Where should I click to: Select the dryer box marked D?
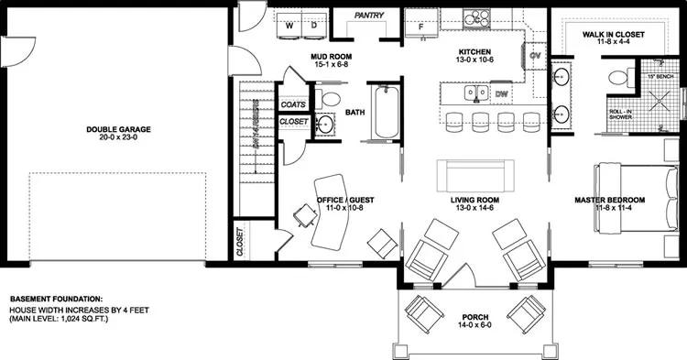coord(313,26)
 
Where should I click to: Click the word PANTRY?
coord(368,16)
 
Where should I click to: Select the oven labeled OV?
coord(537,57)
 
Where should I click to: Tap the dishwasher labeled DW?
coord(501,93)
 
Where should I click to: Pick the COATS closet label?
coord(293,104)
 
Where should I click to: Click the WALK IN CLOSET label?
coord(615,33)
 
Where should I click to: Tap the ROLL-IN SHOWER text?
coord(622,115)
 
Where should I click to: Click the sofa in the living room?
coord(474,173)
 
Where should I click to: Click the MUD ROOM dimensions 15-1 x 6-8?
coord(333,65)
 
